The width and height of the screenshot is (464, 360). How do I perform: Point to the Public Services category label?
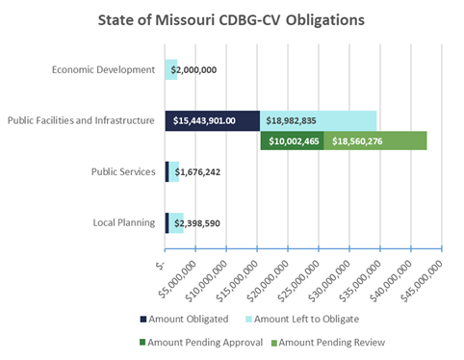(x=122, y=171)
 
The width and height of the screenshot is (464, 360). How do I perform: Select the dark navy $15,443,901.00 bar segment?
(x=213, y=120)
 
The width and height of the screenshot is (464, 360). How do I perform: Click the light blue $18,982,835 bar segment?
(x=318, y=120)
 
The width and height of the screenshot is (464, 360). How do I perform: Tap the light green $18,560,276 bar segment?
(x=374, y=141)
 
